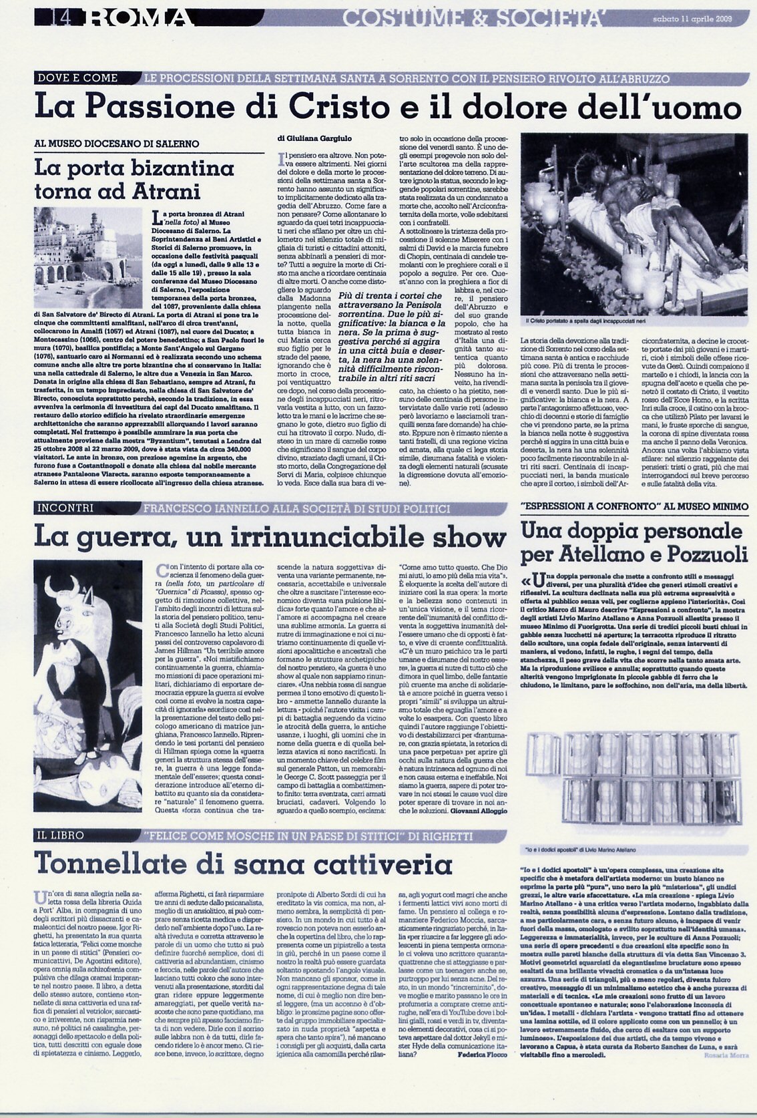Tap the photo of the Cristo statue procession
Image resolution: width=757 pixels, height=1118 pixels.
coord(634,225)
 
